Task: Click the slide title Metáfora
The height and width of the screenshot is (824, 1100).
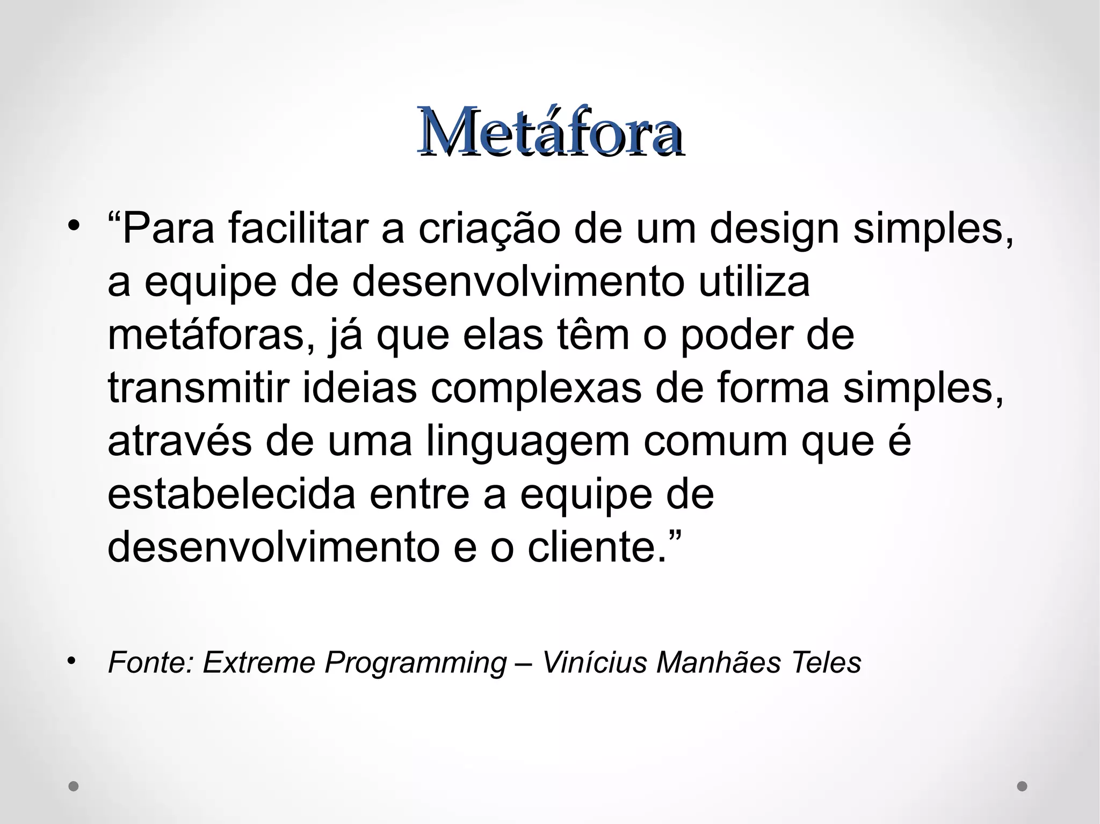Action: point(551,132)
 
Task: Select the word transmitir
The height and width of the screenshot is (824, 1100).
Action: point(199,387)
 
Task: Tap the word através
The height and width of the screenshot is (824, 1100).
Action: point(179,441)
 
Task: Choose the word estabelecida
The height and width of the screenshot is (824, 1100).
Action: point(231,494)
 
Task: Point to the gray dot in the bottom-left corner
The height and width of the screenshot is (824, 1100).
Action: point(74,786)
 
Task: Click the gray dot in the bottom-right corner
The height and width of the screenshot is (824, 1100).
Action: point(1022,786)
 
